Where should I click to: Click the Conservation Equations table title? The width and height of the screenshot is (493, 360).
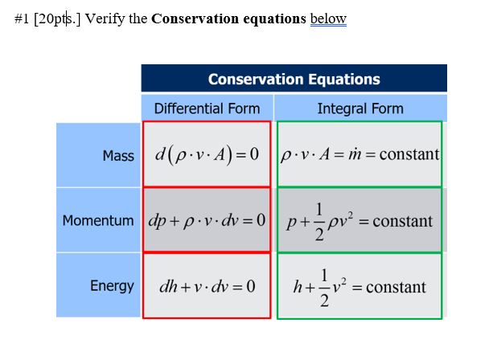294,79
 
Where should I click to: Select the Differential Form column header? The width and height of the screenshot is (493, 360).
207,108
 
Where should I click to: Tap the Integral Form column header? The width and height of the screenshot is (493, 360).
360,108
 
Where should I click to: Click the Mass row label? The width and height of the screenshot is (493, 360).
118,156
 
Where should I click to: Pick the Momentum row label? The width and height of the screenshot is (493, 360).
98,220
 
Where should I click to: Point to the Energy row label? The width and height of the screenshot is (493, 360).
112,286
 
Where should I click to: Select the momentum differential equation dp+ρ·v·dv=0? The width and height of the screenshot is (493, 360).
207,220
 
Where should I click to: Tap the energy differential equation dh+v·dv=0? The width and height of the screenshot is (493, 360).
207,286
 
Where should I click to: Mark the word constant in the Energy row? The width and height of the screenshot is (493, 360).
396,287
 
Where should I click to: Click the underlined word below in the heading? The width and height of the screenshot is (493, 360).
328,19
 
